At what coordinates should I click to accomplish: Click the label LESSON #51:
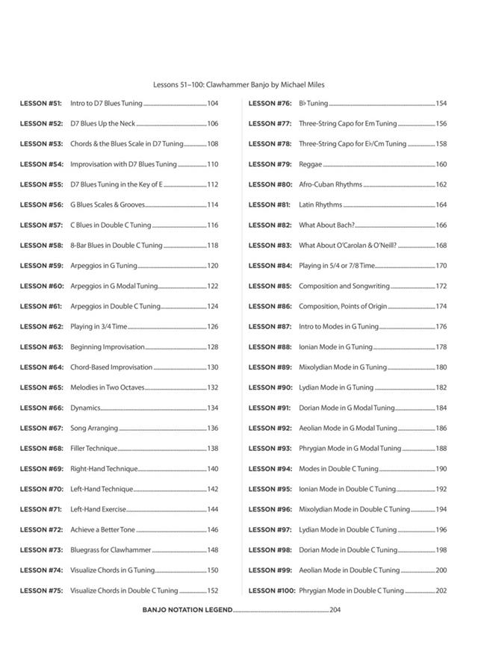[x=41, y=103]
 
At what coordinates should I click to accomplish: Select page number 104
[x=213, y=103]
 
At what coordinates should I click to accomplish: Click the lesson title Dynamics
[x=85, y=408]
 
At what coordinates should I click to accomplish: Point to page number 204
[x=335, y=610]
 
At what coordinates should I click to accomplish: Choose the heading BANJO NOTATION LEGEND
[x=187, y=610]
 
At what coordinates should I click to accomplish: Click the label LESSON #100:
[x=272, y=591]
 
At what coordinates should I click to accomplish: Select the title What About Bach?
[x=326, y=225]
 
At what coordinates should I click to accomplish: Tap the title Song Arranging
[x=94, y=428]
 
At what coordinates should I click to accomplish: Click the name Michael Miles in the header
[x=305, y=85]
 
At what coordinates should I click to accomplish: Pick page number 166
[x=441, y=225]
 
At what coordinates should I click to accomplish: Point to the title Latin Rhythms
[x=320, y=205]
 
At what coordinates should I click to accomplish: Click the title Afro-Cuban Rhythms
[x=330, y=184]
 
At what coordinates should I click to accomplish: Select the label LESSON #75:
[x=41, y=591]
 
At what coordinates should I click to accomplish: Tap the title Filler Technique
[x=93, y=449]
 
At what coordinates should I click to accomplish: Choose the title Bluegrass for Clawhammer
[x=111, y=549]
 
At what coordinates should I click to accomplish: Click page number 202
[x=441, y=591]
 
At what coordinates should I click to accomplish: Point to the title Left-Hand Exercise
[x=98, y=509]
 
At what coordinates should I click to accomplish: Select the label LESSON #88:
[x=270, y=346]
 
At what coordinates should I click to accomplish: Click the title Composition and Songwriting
[x=344, y=286]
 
